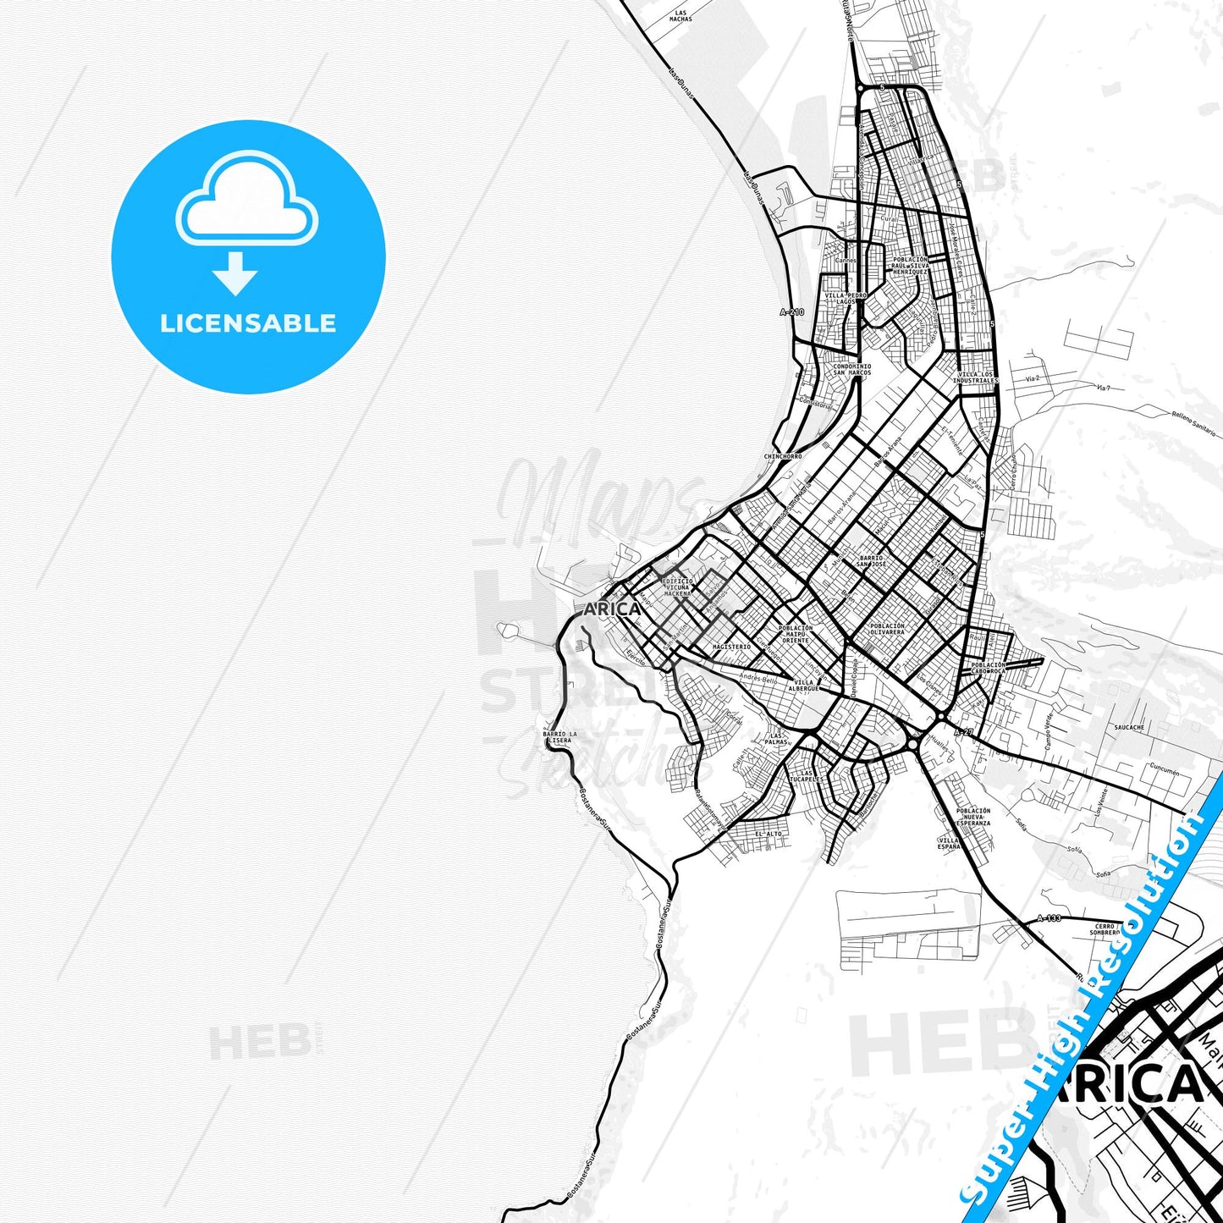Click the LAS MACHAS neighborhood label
680,16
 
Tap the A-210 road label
791,312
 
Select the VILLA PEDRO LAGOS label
846,298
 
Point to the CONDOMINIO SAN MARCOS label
851,370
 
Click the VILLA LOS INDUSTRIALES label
976,377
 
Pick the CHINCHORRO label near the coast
783,456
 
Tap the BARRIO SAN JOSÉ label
871,561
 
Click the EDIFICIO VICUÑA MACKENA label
677,587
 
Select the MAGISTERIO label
731,647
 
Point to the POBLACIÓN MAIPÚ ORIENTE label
795,634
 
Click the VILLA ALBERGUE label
803,686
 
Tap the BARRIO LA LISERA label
559,736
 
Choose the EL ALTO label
768,834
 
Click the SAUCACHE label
1129,727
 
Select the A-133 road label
1049,918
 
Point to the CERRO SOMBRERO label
1105,929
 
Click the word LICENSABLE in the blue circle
248,323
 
